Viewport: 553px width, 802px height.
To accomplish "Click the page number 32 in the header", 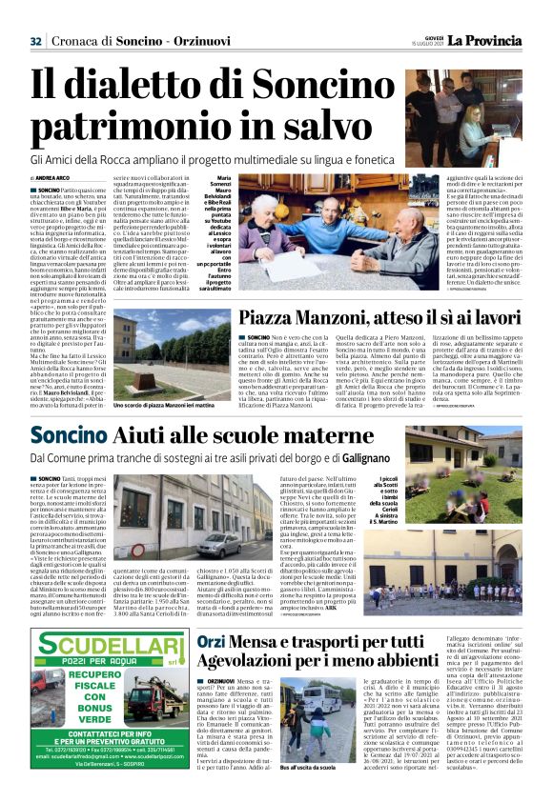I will (x=36, y=40).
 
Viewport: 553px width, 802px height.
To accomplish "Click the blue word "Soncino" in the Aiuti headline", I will (x=72, y=436).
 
